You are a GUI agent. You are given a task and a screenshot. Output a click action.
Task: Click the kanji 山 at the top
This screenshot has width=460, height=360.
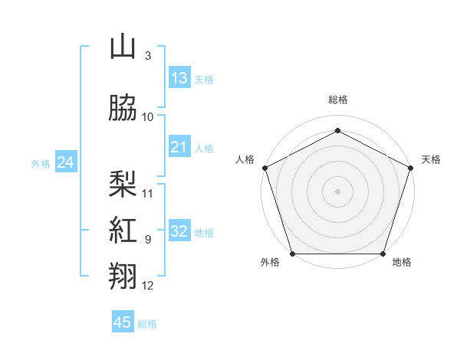[x=123, y=47]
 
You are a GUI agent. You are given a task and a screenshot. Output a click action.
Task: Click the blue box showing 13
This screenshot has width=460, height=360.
[x=179, y=78]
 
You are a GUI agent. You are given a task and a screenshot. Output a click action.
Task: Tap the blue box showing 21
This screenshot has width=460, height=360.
[x=179, y=147]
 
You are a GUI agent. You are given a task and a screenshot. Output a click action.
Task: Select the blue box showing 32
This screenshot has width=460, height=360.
[x=179, y=232]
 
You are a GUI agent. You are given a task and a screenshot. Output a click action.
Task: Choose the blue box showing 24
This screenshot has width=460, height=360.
[x=66, y=162]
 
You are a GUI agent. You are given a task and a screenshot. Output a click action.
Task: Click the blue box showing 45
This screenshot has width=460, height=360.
[x=123, y=322]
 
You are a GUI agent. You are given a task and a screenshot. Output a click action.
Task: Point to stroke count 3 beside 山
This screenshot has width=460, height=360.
[x=147, y=56]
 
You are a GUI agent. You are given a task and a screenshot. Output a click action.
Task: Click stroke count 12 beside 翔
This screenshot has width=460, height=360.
[x=148, y=286]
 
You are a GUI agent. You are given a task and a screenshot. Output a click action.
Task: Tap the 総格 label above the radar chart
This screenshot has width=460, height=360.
[x=337, y=100]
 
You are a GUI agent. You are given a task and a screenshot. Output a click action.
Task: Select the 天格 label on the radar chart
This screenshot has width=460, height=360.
[x=431, y=159]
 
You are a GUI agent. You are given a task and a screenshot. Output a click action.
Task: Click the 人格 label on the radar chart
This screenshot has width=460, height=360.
[x=245, y=159]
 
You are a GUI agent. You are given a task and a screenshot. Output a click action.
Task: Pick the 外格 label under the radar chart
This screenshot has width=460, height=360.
[x=270, y=263]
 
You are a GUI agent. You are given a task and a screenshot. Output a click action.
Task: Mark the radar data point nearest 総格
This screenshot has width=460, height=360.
[x=337, y=130]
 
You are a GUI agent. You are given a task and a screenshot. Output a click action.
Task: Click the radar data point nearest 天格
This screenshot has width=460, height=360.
[x=411, y=167]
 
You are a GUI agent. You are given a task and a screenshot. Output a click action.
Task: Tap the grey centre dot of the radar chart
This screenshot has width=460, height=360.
[x=337, y=191]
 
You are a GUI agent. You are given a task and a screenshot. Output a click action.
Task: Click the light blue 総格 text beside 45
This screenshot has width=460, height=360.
[x=147, y=324]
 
